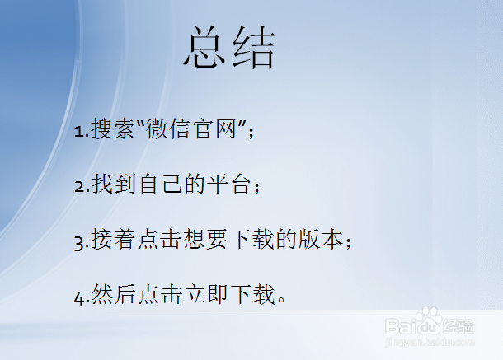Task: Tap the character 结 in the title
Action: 253,48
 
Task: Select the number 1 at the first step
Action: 78,131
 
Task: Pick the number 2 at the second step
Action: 78,187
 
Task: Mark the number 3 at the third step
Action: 78,243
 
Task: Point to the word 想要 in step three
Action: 203,241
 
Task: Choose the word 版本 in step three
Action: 321,241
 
